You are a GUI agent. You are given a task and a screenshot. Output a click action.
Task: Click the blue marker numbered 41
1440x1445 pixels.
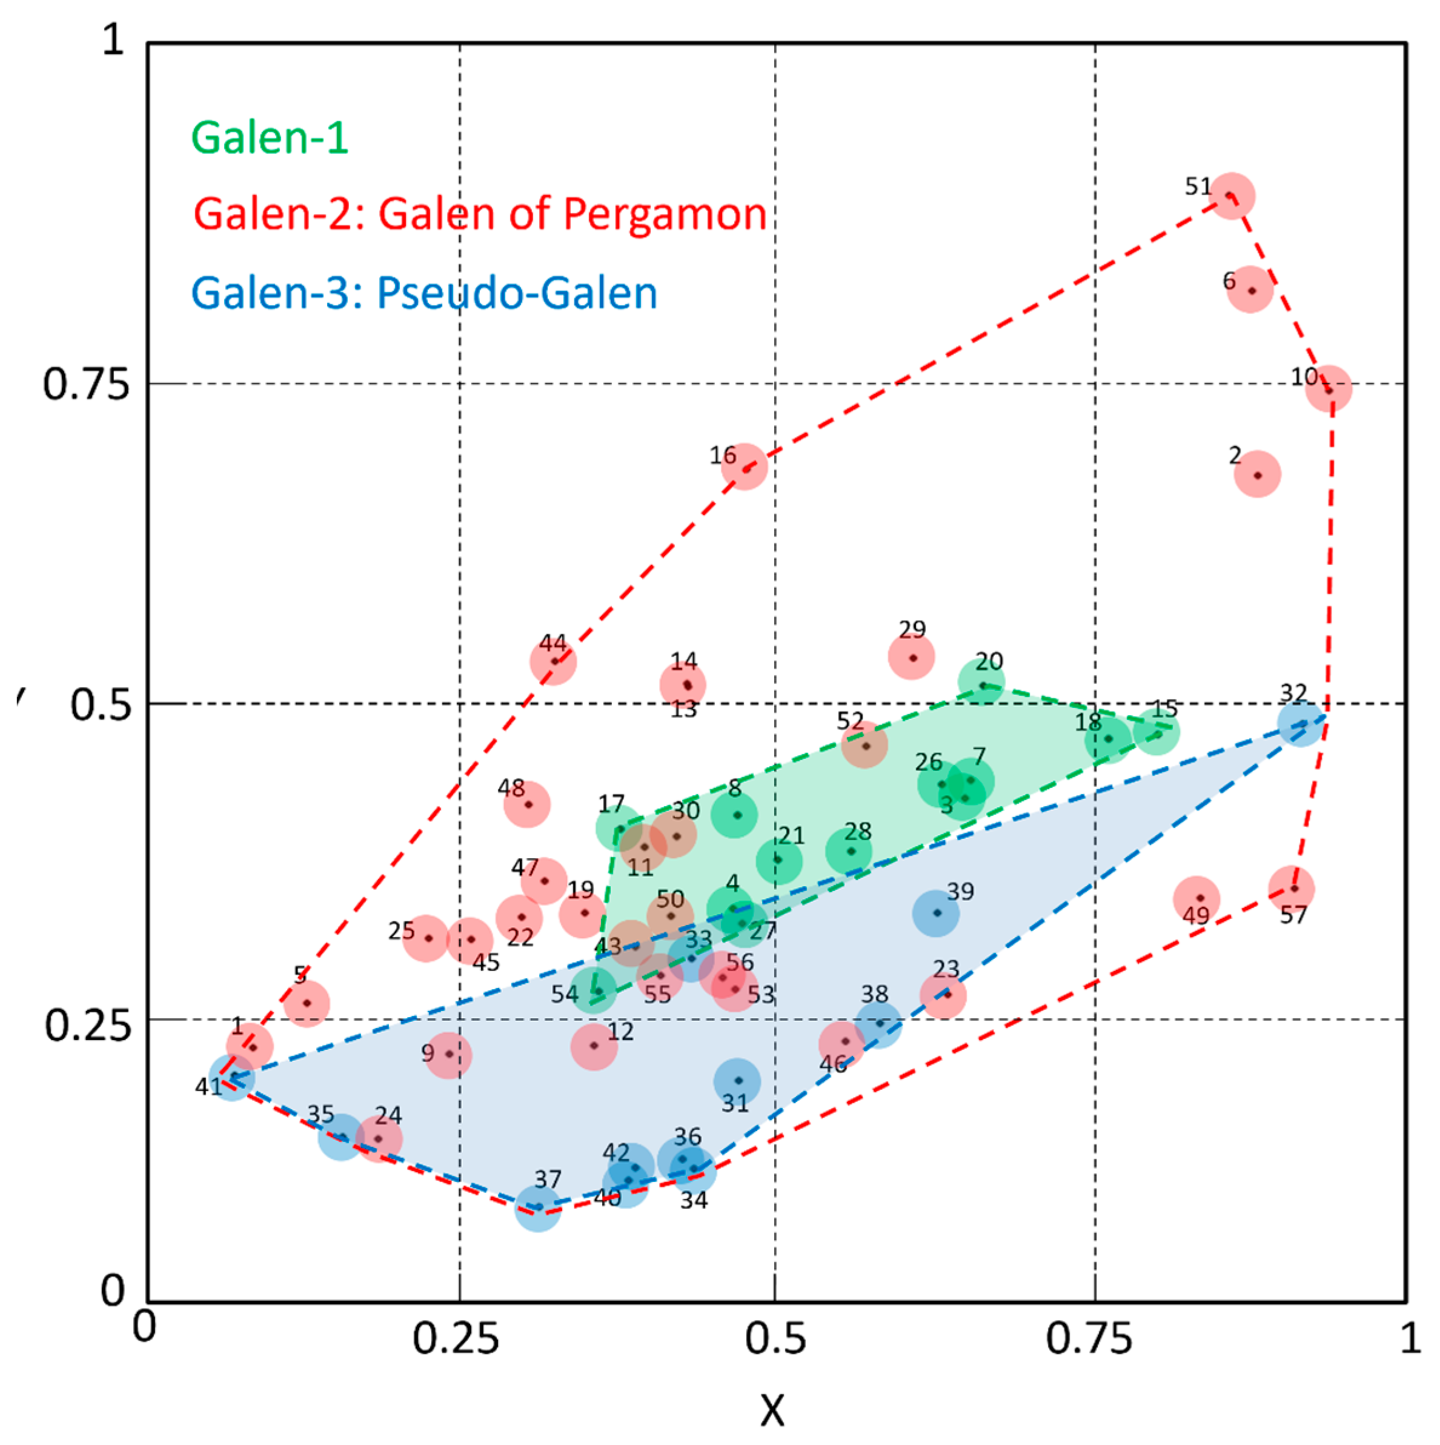[233, 1077]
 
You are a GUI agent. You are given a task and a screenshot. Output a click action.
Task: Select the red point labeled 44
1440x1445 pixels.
[553, 661]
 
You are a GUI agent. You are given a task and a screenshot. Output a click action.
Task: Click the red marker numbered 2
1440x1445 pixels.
[1258, 474]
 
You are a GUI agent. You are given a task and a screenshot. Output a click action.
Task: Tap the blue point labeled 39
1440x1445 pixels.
[936, 912]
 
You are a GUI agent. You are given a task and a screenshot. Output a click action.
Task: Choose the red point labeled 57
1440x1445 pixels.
[1293, 889]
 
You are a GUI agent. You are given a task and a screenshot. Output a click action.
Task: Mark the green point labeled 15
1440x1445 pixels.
[1156, 732]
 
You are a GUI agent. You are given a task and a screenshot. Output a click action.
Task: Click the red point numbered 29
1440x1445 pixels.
[912, 656]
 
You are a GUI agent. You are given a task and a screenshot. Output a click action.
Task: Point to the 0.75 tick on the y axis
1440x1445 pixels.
[85, 384]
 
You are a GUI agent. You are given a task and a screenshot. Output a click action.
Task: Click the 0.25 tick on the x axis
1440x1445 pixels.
[456, 1340]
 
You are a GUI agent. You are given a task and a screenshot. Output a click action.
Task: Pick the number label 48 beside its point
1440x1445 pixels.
[511, 787]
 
